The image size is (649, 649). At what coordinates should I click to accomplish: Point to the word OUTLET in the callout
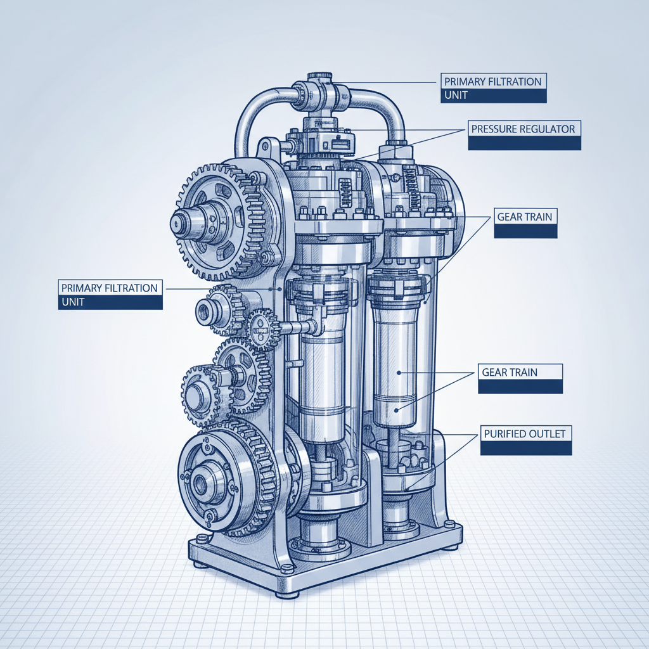point(548,434)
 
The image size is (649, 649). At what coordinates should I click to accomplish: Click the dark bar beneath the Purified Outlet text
point(526,448)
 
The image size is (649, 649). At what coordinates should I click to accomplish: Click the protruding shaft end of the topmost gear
point(181,223)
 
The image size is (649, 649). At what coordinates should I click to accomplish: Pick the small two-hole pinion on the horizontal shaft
point(260,328)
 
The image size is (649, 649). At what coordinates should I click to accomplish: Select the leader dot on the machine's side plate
point(280,288)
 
